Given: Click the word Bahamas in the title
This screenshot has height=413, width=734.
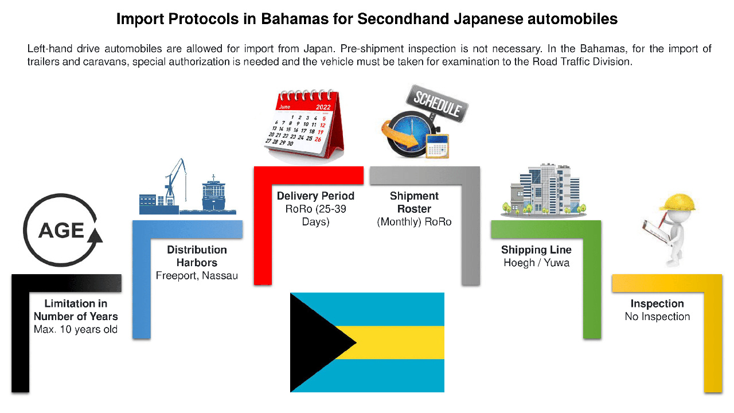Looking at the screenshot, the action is tap(295, 19).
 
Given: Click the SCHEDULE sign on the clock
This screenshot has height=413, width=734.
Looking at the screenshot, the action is tap(437, 104).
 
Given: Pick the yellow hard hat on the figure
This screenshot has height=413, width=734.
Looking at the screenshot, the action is tap(678, 202).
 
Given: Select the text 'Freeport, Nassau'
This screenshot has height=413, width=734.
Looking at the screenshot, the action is tap(197, 276).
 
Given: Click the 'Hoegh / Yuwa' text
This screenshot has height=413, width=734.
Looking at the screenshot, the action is tap(536, 263).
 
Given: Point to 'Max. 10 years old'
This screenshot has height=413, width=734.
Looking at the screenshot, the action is tap(75, 329).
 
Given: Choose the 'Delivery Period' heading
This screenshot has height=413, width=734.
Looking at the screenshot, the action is tap(315, 196).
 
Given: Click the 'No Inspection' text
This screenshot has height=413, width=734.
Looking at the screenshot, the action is tap(657, 317).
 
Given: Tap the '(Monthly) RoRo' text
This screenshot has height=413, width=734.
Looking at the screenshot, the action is tap(414, 222).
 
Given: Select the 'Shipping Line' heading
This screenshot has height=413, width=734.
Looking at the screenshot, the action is tap(536, 250).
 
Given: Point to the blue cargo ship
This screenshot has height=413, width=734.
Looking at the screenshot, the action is tap(214, 195).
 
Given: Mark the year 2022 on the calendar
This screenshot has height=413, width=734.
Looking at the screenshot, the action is tap(323, 107).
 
